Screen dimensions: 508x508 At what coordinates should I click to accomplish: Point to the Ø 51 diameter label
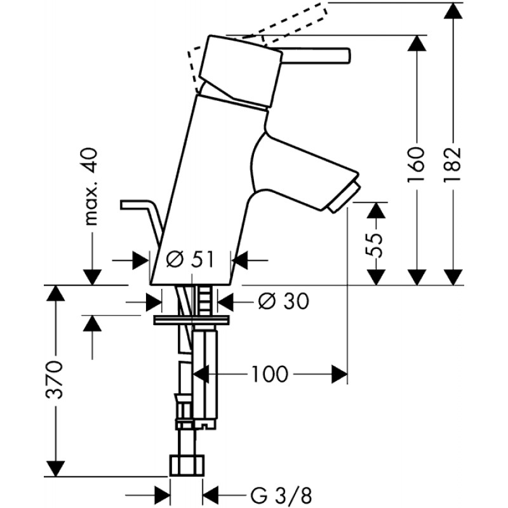(190, 260)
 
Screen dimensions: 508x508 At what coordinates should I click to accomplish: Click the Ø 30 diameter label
(283, 302)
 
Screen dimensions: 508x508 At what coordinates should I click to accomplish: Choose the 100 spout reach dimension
(269, 374)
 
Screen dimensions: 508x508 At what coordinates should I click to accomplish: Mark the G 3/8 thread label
(281, 496)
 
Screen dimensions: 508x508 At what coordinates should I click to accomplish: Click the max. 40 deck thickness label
(91, 187)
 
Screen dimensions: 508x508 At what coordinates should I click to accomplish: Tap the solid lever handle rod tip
(348, 55)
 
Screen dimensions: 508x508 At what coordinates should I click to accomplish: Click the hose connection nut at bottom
(187, 465)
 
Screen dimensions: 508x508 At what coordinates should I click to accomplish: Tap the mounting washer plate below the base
(192, 320)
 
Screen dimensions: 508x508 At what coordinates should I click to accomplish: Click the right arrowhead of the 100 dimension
(339, 374)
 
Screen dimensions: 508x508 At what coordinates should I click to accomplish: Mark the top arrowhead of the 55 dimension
(376, 210)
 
